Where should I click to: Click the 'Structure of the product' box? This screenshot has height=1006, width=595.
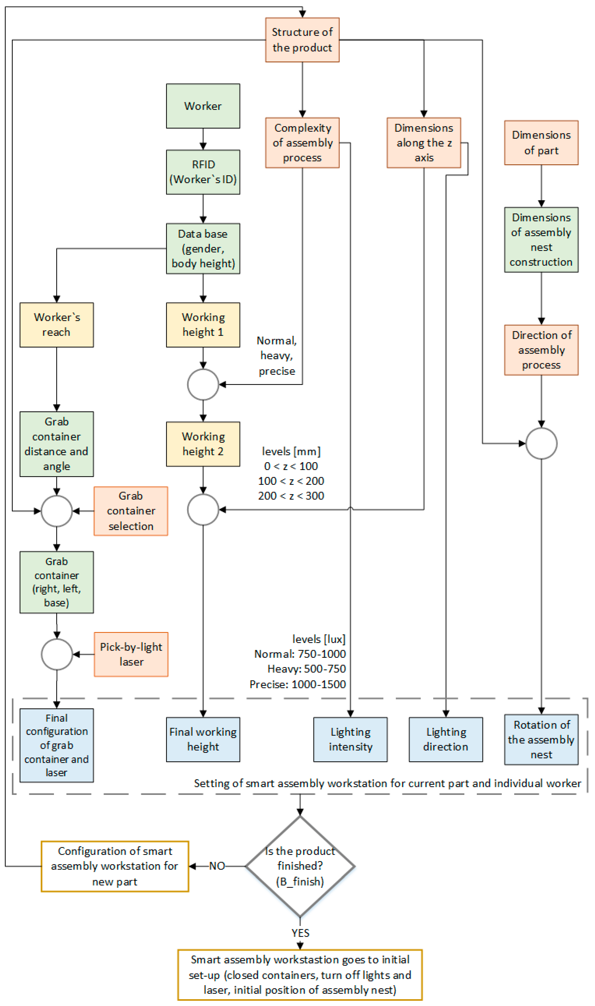pos(302,40)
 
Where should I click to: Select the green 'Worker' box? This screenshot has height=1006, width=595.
pos(203,106)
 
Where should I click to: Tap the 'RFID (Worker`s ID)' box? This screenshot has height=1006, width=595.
pos(203,172)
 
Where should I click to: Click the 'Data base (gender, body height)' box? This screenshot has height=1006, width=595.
pos(203,249)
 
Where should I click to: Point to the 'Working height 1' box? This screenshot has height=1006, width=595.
pos(203,325)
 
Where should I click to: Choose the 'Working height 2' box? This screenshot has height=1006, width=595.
pos(203,444)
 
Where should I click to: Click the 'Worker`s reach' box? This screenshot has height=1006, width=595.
pos(57,325)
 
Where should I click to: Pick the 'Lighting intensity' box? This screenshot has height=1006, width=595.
pos(350,739)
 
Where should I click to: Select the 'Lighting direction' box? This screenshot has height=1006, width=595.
pos(446,739)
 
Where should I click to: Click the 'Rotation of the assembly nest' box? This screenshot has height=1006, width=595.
pos(541,739)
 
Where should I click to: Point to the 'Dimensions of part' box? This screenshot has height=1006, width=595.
pos(541,143)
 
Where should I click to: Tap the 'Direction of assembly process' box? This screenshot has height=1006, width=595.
pos(541,350)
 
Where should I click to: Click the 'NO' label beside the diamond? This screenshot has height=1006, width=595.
pos(217,866)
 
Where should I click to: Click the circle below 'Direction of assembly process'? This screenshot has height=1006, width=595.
pos(541,443)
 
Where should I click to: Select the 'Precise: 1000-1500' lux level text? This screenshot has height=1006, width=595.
pos(297,684)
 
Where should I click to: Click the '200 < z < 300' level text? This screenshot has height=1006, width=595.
pos(291,496)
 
